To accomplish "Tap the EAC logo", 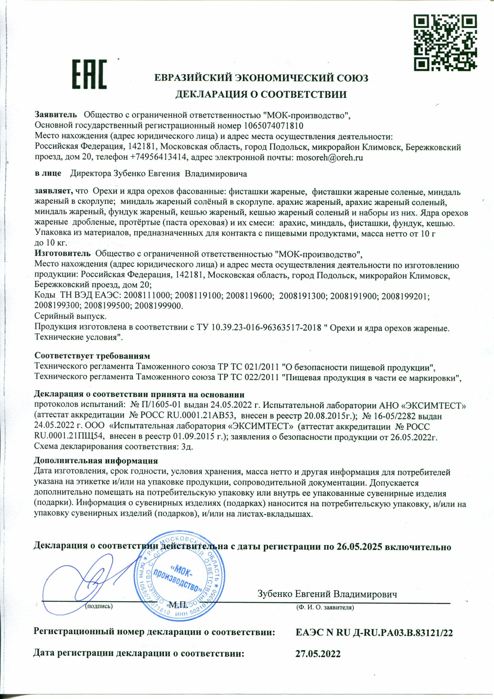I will tap(89, 74).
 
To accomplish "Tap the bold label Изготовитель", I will tap(62, 253).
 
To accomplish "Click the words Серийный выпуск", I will tap(71, 316).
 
